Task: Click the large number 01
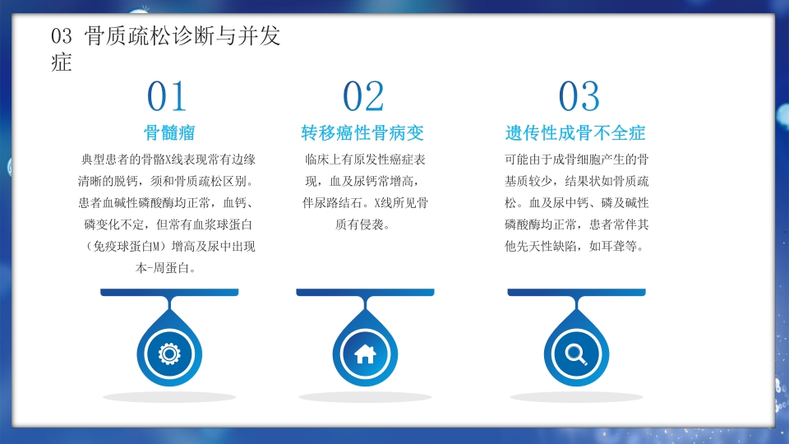[167, 97]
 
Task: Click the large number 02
[363, 97]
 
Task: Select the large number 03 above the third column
[579, 97]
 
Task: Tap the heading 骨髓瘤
[169, 132]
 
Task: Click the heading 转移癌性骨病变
[362, 132]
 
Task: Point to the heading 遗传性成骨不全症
[575, 132]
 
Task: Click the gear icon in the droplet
[169, 354]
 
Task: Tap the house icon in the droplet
[364, 354]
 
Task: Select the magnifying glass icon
[577, 354]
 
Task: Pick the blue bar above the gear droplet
[169, 292]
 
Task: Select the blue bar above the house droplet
[364, 292]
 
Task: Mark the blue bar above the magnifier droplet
[577, 292]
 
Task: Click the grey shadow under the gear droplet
[169, 397]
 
